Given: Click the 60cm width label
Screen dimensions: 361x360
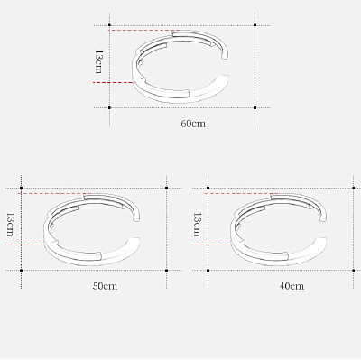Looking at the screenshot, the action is [193, 124].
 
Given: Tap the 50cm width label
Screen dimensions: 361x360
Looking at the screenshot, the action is [105, 286].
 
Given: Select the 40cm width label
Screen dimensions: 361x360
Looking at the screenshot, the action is [292, 286].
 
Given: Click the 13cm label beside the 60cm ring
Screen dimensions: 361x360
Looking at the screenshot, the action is [98, 61].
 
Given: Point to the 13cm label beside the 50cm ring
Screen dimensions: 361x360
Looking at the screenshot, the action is [10, 225].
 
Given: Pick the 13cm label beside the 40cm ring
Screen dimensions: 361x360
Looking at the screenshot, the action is [197, 225].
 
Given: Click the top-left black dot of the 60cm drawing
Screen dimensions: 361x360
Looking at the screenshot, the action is [109, 25].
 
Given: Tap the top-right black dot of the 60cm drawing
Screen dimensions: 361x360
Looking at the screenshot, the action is [255, 25].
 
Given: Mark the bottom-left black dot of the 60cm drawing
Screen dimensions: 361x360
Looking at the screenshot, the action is [109, 107].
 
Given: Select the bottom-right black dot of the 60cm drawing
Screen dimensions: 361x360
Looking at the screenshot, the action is [255, 107].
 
